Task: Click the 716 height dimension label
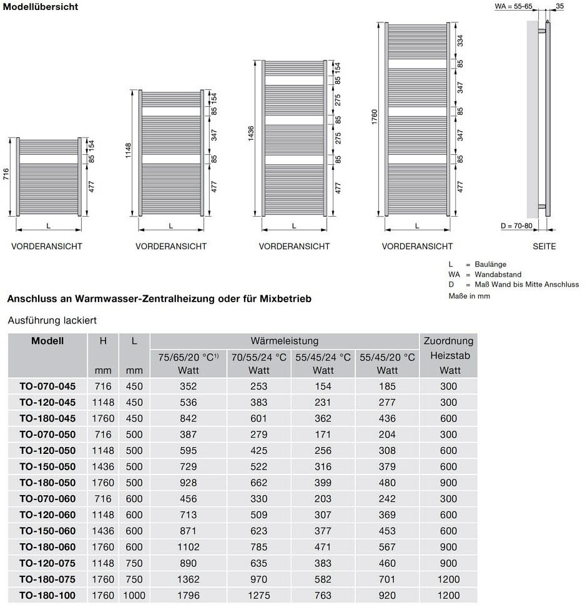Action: pyautogui.click(x=6, y=174)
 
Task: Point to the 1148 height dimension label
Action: pyautogui.click(x=128, y=150)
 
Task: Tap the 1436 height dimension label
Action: pyautogui.click(x=251, y=135)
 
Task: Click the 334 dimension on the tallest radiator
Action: pyautogui.click(x=460, y=41)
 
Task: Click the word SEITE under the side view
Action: pyautogui.click(x=544, y=247)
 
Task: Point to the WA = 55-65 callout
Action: pyautogui.click(x=513, y=6)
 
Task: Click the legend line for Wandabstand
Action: pyautogui.click(x=484, y=274)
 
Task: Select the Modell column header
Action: pyautogui.click(x=47, y=341)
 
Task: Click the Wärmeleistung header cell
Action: pyautogui.click(x=284, y=341)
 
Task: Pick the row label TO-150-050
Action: pyautogui.click(x=47, y=466)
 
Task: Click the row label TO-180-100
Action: pyautogui.click(x=47, y=596)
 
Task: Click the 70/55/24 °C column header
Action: pyautogui.click(x=258, y=357)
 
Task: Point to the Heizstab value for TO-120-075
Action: pyautogui.click(x=448, y=563)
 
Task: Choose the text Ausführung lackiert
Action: pyautogui.click(x=52, y=320)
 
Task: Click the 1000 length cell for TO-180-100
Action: pyautogui.click(x=134, y=596)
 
